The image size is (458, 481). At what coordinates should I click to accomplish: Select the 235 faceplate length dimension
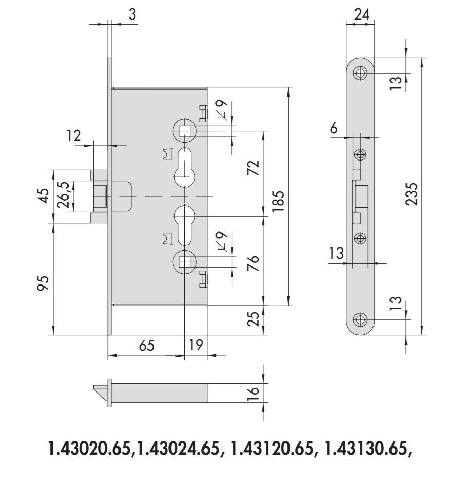411,194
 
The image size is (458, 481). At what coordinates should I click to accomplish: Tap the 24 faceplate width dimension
362,14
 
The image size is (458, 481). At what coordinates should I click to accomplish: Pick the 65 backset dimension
147,345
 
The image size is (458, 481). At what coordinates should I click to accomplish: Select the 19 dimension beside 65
196,345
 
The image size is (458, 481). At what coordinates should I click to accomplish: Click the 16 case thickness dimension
253,393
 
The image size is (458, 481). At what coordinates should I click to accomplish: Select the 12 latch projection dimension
74,136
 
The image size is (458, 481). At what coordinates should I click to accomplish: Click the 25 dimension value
253,319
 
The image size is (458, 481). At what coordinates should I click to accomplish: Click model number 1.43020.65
88,449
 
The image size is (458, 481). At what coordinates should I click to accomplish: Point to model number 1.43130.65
369,449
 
